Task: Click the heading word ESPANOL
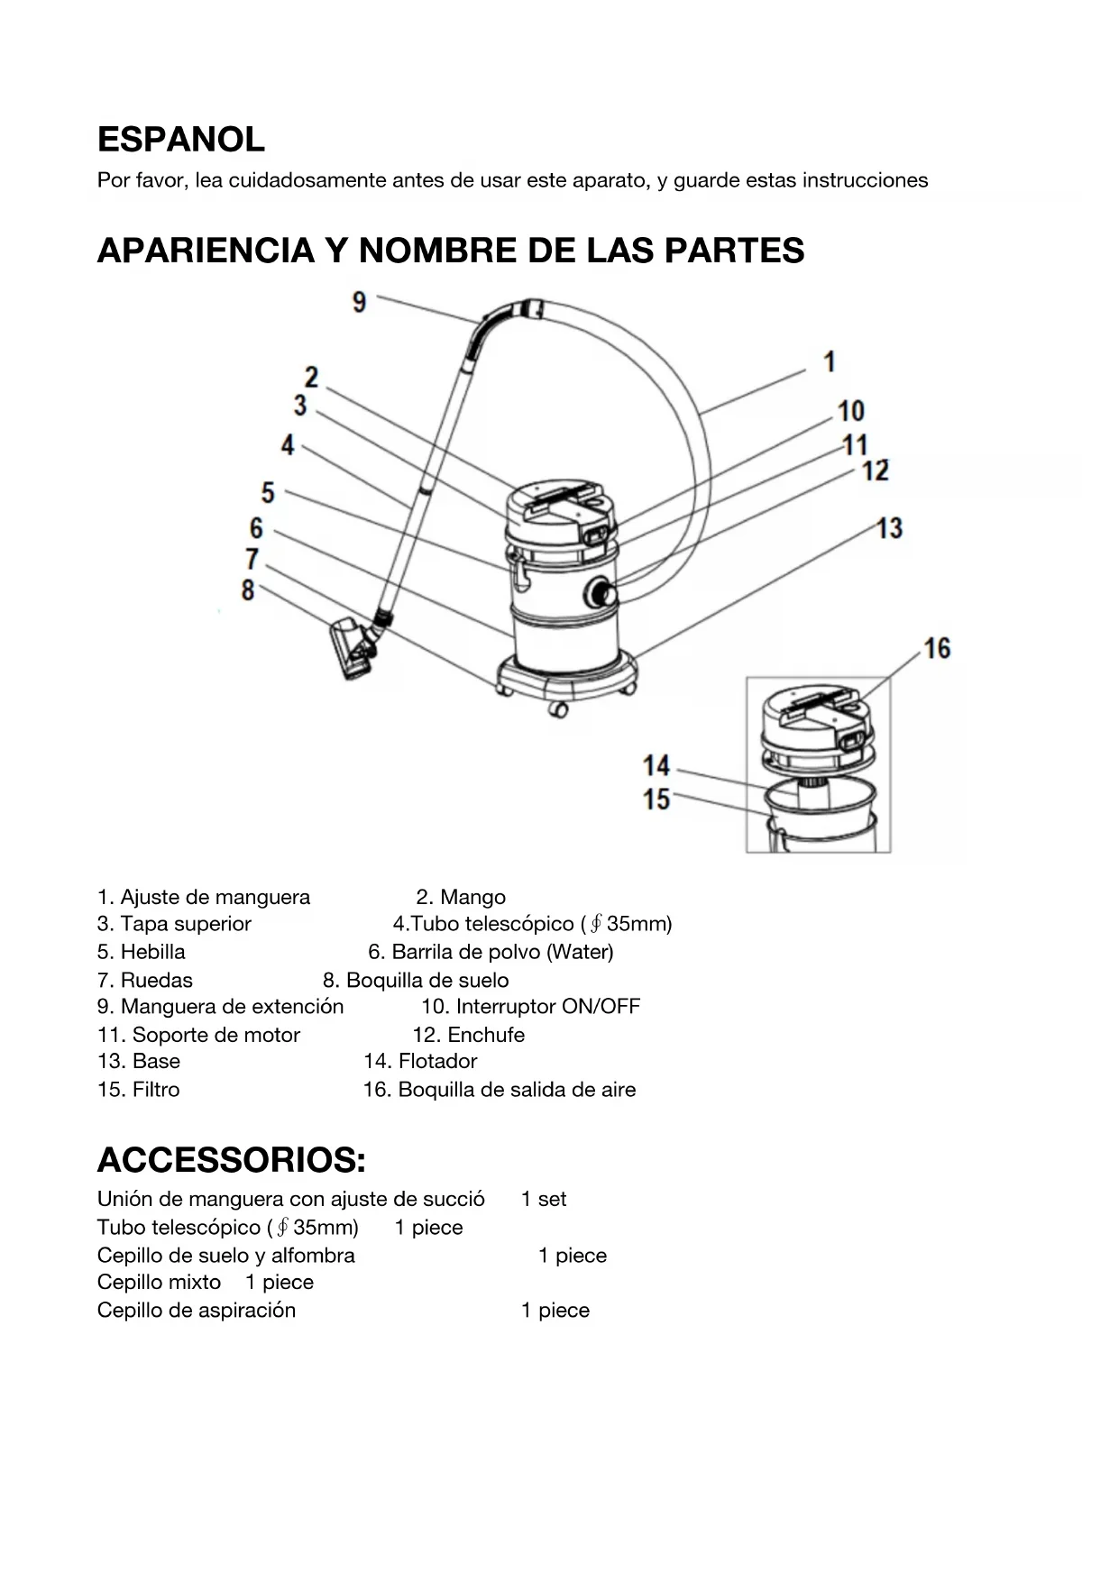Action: [x=180, y=140]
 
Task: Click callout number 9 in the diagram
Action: [x=359, y=302]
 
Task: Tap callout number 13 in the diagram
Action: [x=889, y=528]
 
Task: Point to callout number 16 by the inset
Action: [x=937, y=649]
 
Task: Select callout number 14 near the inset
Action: [x=656, y=766]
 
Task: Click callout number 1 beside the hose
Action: [x=830, y=362]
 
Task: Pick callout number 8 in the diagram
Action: [x=248, y=590]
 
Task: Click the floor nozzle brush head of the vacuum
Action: [x=353, y=647]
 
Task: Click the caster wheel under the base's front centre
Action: [x=558, y=710]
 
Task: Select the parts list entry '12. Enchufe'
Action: [x=468, y=1035]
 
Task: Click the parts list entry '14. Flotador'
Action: [x=420, y=1062]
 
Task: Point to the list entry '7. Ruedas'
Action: [x=145, y=981]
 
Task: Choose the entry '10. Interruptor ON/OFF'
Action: [x=530, y=1007]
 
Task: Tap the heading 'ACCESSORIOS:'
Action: [x=232, y=1161]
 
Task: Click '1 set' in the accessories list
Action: [x=544, y=1200]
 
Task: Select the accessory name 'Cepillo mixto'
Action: [x=159, y=1283]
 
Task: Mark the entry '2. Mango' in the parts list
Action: [x=461, y=898]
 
